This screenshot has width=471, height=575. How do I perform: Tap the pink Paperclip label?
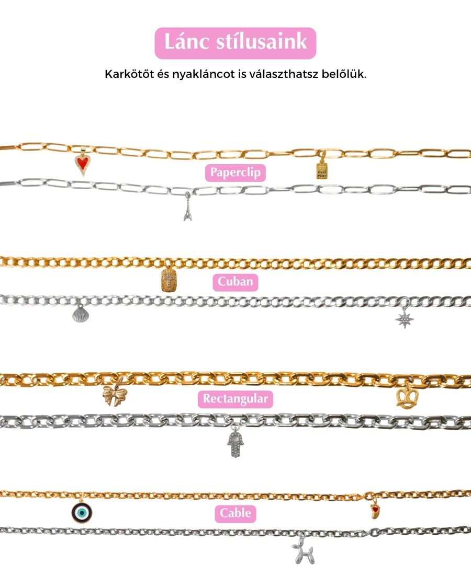235,172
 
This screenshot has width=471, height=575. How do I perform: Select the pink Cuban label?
235,282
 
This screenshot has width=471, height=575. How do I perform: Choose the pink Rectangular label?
235,399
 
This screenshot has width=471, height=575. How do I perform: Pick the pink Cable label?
235,513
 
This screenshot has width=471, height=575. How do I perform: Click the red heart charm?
82,164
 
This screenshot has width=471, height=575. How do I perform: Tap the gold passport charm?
321,168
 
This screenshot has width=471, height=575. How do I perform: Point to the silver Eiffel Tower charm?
187,209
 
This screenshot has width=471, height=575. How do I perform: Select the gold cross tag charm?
166,279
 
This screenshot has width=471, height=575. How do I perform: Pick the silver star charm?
405,317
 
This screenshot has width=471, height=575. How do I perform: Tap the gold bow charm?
115,395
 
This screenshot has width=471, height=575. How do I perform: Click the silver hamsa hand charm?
235,445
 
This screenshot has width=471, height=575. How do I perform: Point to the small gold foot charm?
374,509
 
